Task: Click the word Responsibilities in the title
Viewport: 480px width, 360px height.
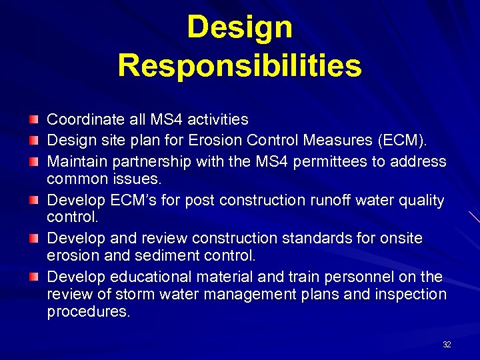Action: click(239, 65)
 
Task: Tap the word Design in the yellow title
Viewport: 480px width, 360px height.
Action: click(239, 27)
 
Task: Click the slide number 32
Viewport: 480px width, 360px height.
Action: click(447, 345)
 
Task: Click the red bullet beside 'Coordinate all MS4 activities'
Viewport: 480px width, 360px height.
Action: click(33, 119)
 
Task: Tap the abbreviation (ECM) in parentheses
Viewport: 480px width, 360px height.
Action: click(406, 141)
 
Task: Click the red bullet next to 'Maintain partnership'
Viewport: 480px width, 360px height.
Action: click(33, 161)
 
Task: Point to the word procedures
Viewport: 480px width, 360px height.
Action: click(88, 312)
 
